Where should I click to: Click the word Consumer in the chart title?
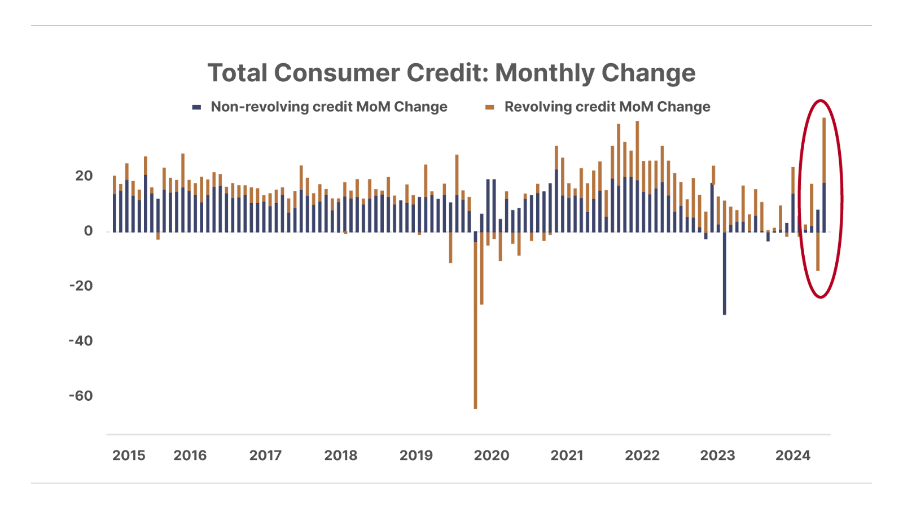(x=337, y=73)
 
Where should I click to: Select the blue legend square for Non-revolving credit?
(x=196, y=107)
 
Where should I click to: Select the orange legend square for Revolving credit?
(x=490, y=107)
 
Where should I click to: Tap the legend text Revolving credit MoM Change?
(x=607, y=107)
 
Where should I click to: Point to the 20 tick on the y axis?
(x=84, y=176)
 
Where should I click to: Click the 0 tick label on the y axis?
(x=88, y=231)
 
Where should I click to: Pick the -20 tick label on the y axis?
(x=81, y=286)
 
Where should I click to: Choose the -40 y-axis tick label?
(x=81, y=341)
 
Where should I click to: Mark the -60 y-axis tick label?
(x=81, y=396)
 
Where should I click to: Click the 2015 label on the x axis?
(x=129, y=456)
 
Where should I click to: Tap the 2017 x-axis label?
(x=265, y=456)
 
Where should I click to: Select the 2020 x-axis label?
(x=491, y=456)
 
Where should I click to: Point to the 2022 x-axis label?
(x=642, y=456)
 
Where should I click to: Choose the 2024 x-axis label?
(x=793, y=456)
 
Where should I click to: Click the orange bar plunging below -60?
(x=476, y=339)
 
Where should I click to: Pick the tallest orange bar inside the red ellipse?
(x=824, y=150)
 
